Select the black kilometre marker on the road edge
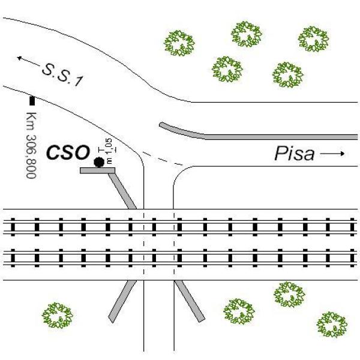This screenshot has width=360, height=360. point(32,100)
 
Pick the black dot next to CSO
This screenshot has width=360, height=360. point(99,161)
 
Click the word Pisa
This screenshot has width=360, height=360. point(294,154)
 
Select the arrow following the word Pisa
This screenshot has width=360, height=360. point(333,154)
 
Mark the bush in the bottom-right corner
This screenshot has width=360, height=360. point(332,323)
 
